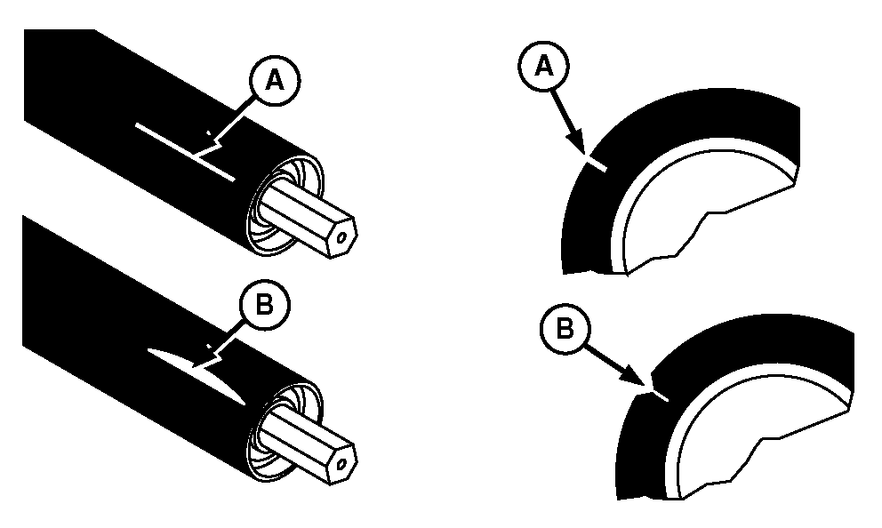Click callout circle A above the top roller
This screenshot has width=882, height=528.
coord(275,81)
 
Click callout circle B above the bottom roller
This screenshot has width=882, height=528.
coord(265,305)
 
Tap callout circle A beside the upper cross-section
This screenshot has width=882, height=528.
coord(543,67)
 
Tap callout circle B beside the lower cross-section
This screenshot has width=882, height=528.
coord(565,328)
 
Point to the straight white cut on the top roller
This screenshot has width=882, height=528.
coord(185,152)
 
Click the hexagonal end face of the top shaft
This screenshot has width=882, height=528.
coord(341,237)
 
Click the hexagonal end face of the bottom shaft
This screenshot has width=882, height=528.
coord(341,463)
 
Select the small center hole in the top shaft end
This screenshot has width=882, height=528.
coord(341,238)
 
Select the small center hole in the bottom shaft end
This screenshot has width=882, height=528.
coord(341,465)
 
